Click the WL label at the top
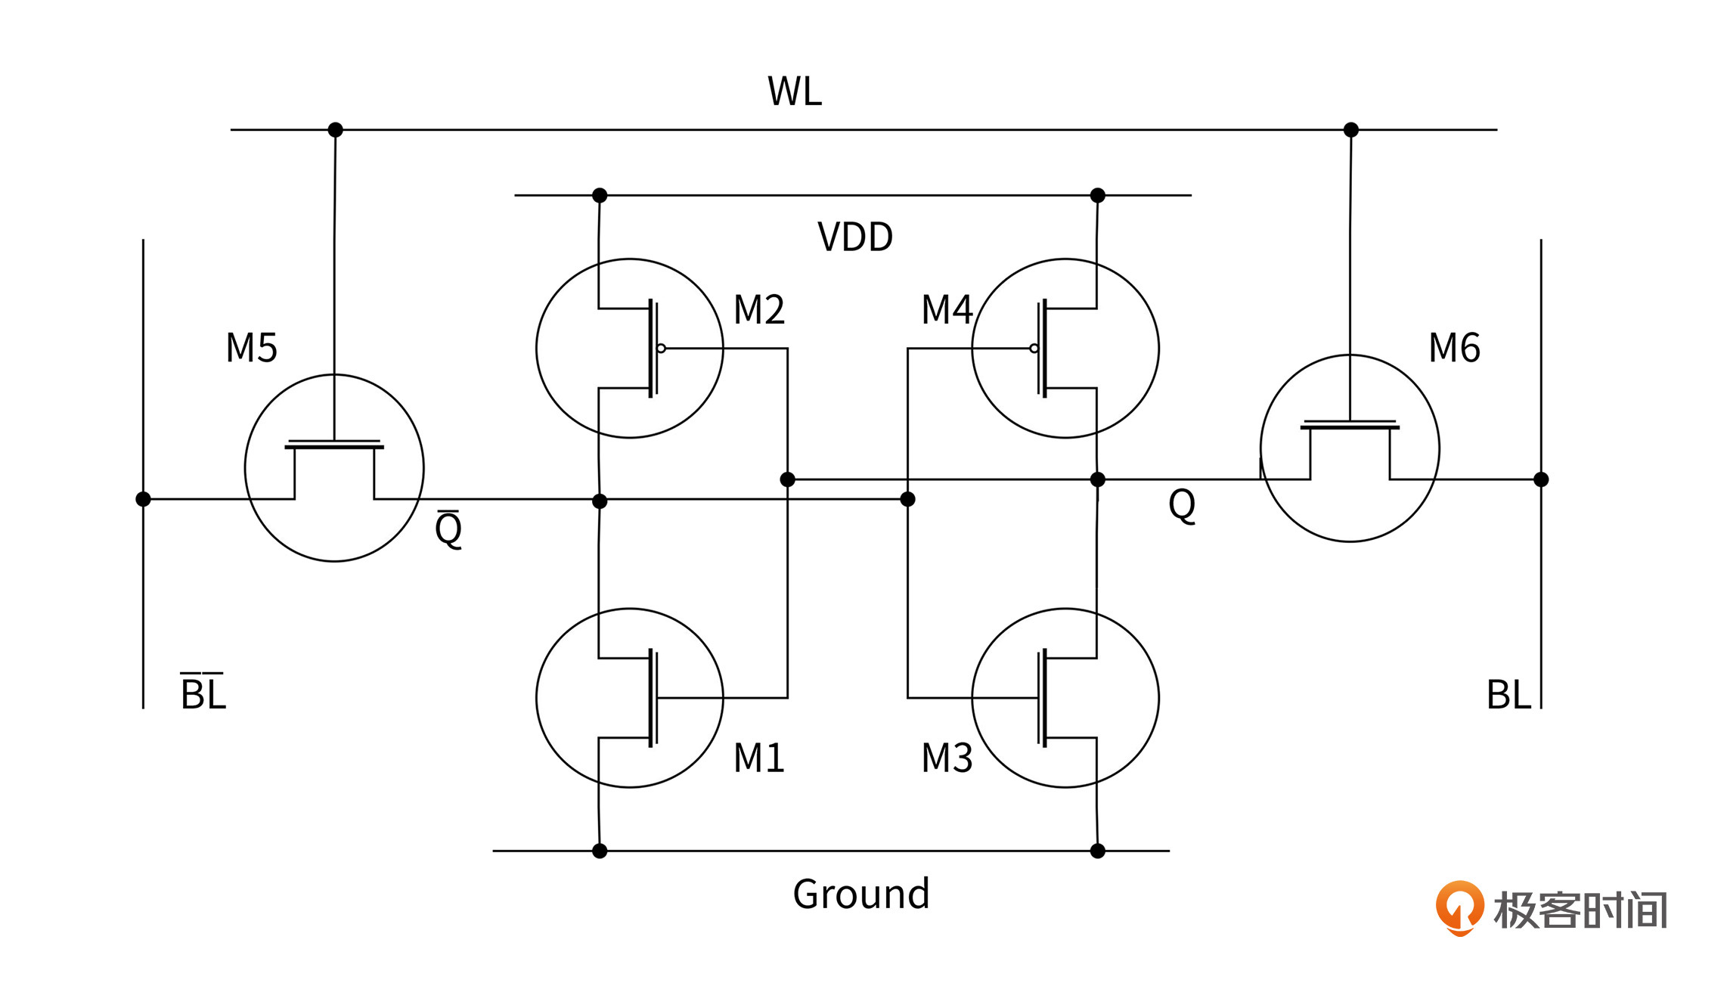pos(794,91)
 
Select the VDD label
pos(855,237)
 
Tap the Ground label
pos(860,894)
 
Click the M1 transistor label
pos(759,758)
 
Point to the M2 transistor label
pos(759,310)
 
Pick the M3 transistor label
pos(947,758)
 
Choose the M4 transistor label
pos(947,310)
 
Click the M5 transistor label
pos(252,349)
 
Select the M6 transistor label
pos(1454,349)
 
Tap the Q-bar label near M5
pos(448,529)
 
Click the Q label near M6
pos(1182,504)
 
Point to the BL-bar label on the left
pos(203,693)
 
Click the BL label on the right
pos(1508,695)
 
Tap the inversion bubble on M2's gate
pos(662,349)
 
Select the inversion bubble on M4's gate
pos(1034,349)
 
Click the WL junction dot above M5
pos(336,130)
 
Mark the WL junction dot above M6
pos(1351,130)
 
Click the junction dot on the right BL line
pos(1541,479)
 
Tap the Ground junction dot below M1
pos(600,851)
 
